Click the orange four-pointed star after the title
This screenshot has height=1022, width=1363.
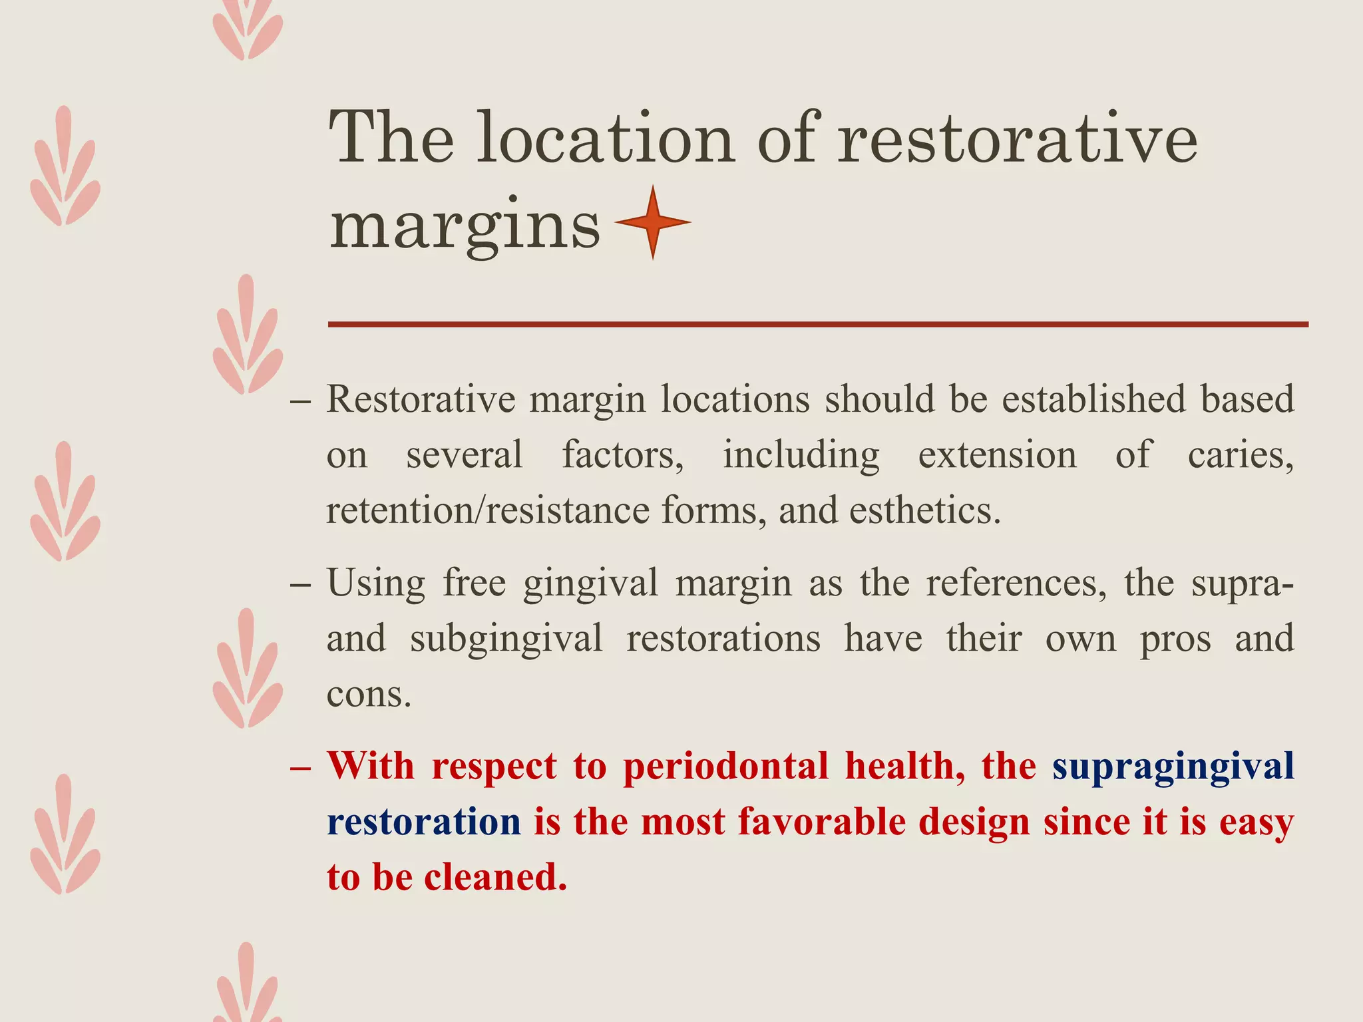click(x=653, y=222)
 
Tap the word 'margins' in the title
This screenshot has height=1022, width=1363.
click(x=465, y=226)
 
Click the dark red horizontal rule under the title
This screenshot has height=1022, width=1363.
click(x=818, y=325)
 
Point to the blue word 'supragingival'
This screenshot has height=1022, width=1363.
click(x=1173, y=765)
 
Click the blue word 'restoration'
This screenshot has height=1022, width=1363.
click(x=424, y=821)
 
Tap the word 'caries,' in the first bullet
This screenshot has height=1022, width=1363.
click(x=1241, y=455)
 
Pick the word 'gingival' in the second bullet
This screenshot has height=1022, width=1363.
click(x=590, y=583)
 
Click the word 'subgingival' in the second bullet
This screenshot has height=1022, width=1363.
click(x=506, y=638)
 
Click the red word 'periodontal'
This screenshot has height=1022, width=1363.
click(x=726, y=765)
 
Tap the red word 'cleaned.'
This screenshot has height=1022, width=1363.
click(x=496, y=877)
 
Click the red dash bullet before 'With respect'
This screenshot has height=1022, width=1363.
click(x=301, y=768)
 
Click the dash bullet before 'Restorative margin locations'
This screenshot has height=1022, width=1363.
click(x=301, y=401)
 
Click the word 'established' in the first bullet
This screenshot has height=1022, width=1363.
click(x=1093, y=399)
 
